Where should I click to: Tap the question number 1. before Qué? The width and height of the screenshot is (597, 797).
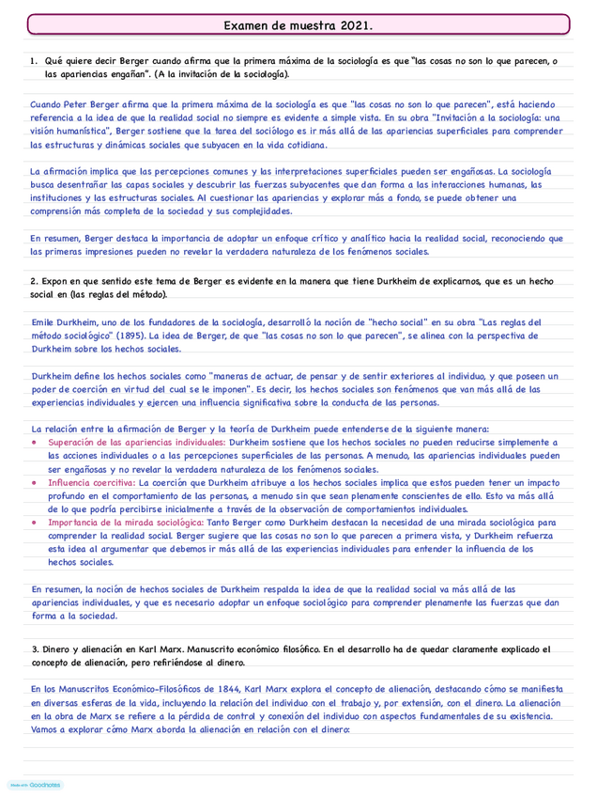(34, 62)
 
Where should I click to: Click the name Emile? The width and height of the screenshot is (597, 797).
(45, 322)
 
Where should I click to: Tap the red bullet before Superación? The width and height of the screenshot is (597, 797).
(35, 442)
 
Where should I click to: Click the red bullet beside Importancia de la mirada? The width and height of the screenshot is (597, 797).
(35, 523)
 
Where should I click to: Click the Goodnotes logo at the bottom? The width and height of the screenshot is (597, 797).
(36, 784)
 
